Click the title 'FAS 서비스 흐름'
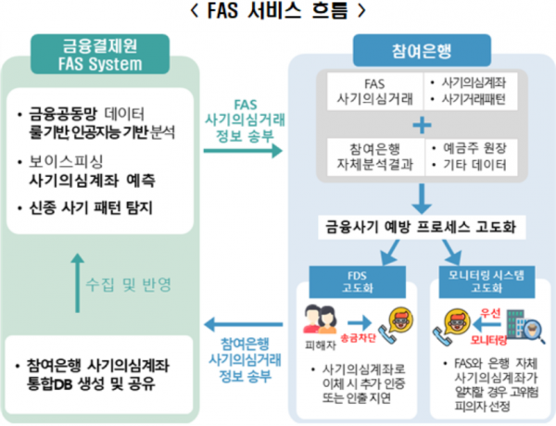coord(277,13)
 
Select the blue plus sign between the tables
coord(422,124)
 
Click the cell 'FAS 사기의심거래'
coord(369,91)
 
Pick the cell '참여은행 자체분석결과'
coord(369,157)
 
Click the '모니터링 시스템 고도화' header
coord(482,281)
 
